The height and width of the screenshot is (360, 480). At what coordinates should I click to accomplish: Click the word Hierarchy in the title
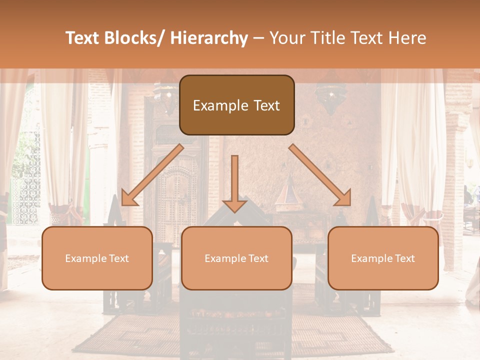click(209, 38)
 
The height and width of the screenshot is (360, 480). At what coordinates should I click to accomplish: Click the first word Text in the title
click(83, 38)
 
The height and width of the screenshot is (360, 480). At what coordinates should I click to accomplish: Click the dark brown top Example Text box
click(236, 105)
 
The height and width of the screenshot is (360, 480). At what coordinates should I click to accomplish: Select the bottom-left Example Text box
click(97, 258)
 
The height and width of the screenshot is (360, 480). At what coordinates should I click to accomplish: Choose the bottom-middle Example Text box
click(236, 258)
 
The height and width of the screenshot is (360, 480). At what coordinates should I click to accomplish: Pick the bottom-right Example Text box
click(383, 258)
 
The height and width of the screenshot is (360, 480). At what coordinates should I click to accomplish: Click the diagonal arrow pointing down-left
click(152, 175)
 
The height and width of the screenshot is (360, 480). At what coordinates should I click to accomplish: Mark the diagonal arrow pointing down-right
click(319, 175)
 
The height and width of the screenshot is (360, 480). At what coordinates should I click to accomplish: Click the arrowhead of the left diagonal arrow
click(129, 198)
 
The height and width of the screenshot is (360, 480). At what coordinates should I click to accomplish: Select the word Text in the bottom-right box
click(404, 258)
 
